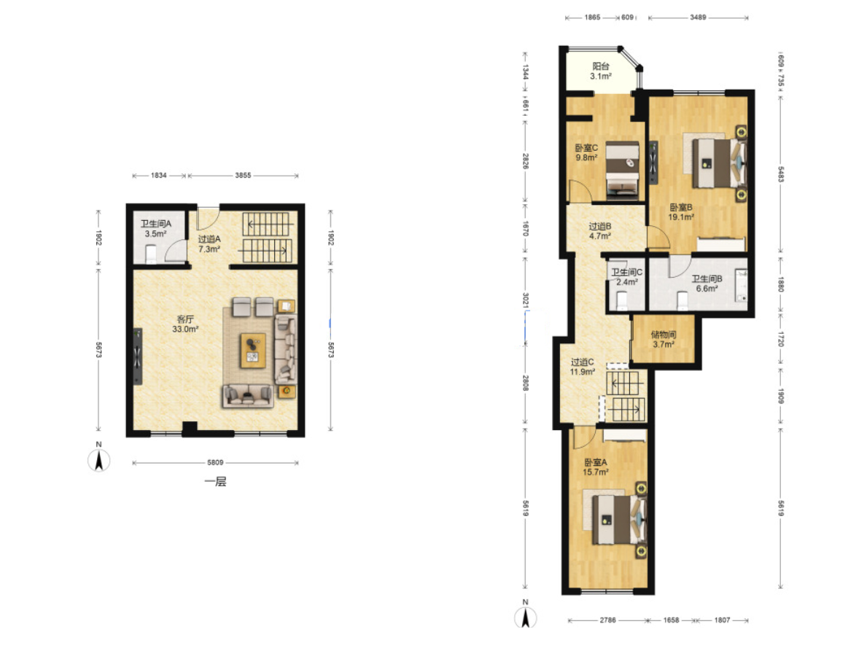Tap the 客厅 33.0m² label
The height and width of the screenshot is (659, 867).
coord(185,324)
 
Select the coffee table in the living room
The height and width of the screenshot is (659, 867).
coord(253,351)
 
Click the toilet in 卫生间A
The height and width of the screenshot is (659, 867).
coord(151,255)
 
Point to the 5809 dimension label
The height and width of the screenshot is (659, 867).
coord(215,463)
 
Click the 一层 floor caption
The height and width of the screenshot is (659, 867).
coord(216,482)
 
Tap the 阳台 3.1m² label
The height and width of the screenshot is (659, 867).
coord(601,71)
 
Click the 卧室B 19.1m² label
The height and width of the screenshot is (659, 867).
coord(681,212)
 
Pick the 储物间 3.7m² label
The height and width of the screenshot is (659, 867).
coord(664,340)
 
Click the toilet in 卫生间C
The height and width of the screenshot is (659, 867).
coord(621,300)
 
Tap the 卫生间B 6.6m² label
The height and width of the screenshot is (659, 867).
coord(707,284)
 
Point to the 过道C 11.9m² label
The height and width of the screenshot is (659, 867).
coord(582,367)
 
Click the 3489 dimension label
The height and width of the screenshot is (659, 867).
coord(698,17)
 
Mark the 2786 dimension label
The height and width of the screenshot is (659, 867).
coord(607,620)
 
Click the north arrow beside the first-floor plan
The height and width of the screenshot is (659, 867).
coord(99,459)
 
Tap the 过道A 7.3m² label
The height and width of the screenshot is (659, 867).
coord(209,243)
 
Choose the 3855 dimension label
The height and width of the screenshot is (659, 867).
coord(243,175)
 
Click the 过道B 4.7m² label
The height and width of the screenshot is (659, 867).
coord(600,231)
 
